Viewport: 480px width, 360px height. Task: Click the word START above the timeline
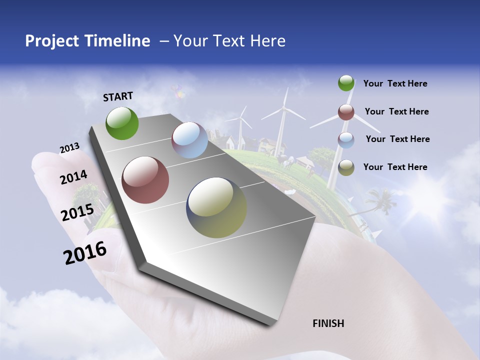[118, 96]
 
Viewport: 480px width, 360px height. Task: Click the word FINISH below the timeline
[328, 323]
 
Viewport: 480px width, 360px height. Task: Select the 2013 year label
[69, 148]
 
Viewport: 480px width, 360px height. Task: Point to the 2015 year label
[77, 212]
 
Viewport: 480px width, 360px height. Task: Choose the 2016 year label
[85, 253]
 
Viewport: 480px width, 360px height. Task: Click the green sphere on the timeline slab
[122, 123]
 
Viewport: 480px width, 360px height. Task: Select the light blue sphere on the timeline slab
[189, 140]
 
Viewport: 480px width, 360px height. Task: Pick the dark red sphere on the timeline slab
[145, 180]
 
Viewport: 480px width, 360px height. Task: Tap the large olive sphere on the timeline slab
[216, 207]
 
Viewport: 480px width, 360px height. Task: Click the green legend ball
[346, 83]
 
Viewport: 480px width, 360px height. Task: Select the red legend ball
[346, 112]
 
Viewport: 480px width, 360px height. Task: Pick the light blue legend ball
[346, 140]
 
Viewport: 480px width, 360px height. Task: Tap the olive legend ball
[346, 167]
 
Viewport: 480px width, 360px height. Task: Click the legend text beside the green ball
[395, 83]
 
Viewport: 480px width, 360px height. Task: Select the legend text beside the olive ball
[395, 167]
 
